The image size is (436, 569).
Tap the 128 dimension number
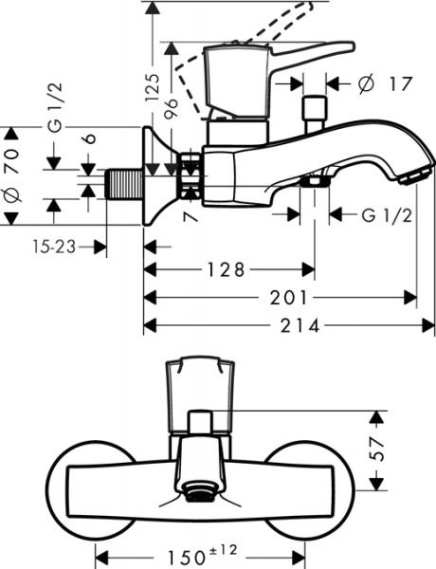coord(224,269)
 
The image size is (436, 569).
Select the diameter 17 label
coord(385,84)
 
